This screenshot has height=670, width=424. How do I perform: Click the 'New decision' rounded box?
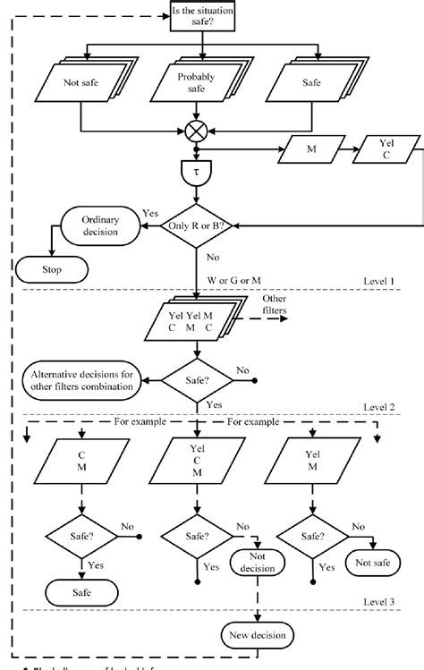pyautogui.click(x=256, y=634)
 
